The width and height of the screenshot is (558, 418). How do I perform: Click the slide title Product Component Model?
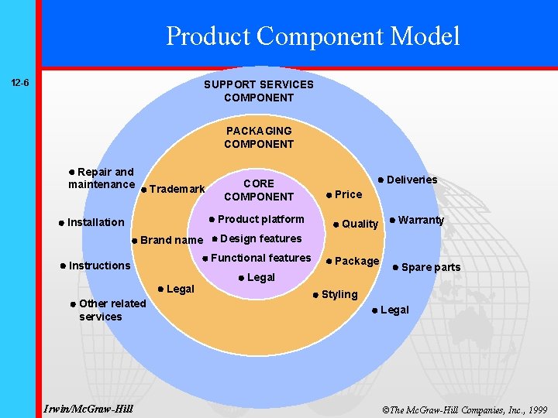312,36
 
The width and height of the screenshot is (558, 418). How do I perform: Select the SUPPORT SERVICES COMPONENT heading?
259,91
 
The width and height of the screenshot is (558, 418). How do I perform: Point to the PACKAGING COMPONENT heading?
259,137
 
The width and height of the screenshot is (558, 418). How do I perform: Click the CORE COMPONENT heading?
259,190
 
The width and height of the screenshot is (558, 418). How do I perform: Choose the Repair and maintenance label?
102,178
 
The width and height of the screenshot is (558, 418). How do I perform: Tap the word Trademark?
177,189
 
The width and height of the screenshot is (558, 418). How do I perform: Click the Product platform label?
260,219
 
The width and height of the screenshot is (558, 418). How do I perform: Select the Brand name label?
171,240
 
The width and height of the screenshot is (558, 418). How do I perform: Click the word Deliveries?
412,180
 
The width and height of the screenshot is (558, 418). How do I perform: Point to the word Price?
348,194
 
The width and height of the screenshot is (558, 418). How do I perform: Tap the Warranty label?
421,220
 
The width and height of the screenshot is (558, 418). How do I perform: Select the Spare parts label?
430,268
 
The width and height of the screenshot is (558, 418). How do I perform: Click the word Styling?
339,294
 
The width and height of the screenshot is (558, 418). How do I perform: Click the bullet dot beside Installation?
61,223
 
